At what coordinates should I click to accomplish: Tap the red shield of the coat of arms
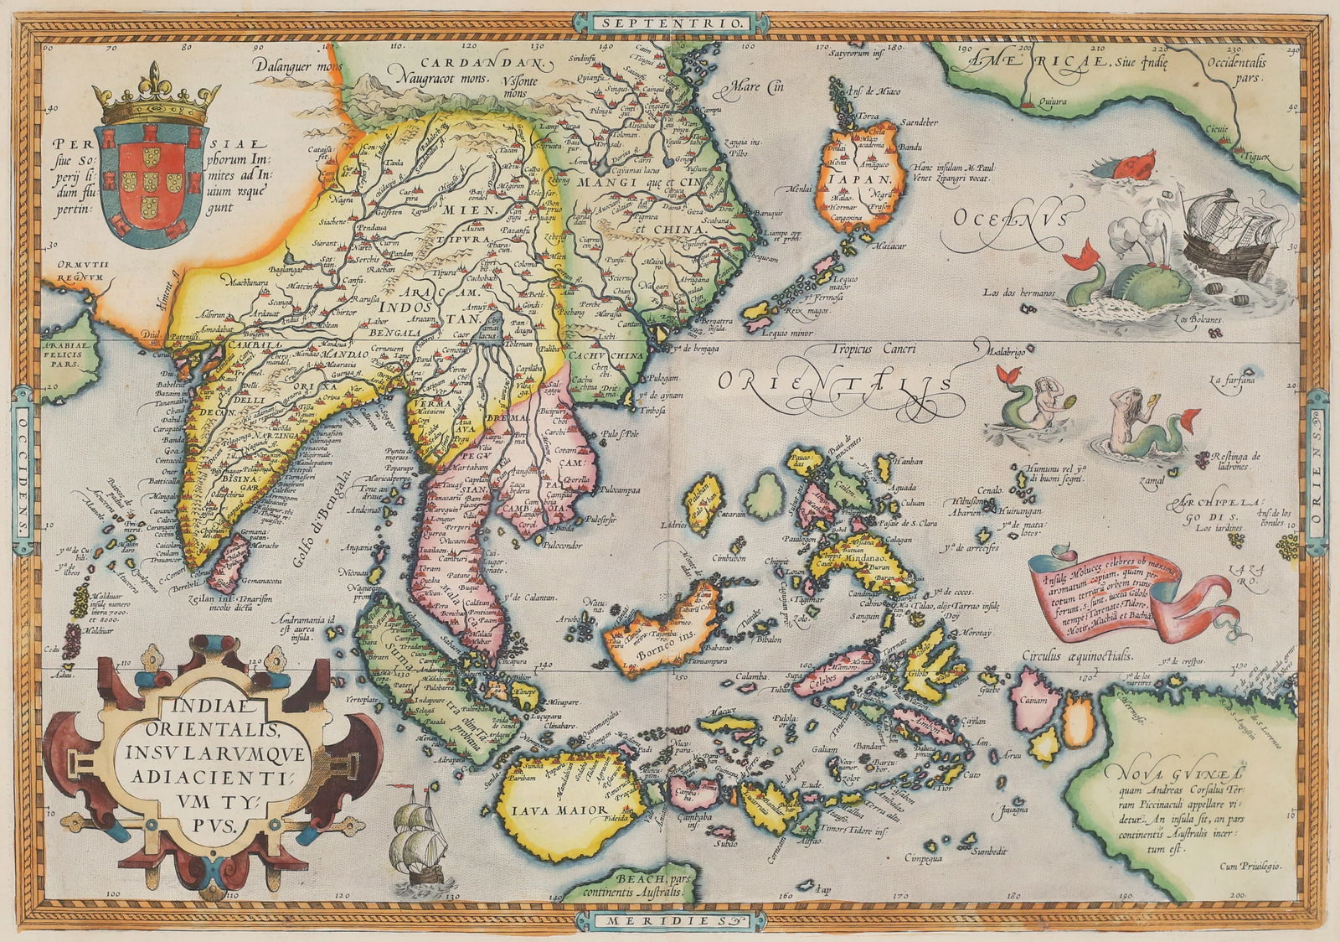coord(151,179)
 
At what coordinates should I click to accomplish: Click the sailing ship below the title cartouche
coord(421,842)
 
